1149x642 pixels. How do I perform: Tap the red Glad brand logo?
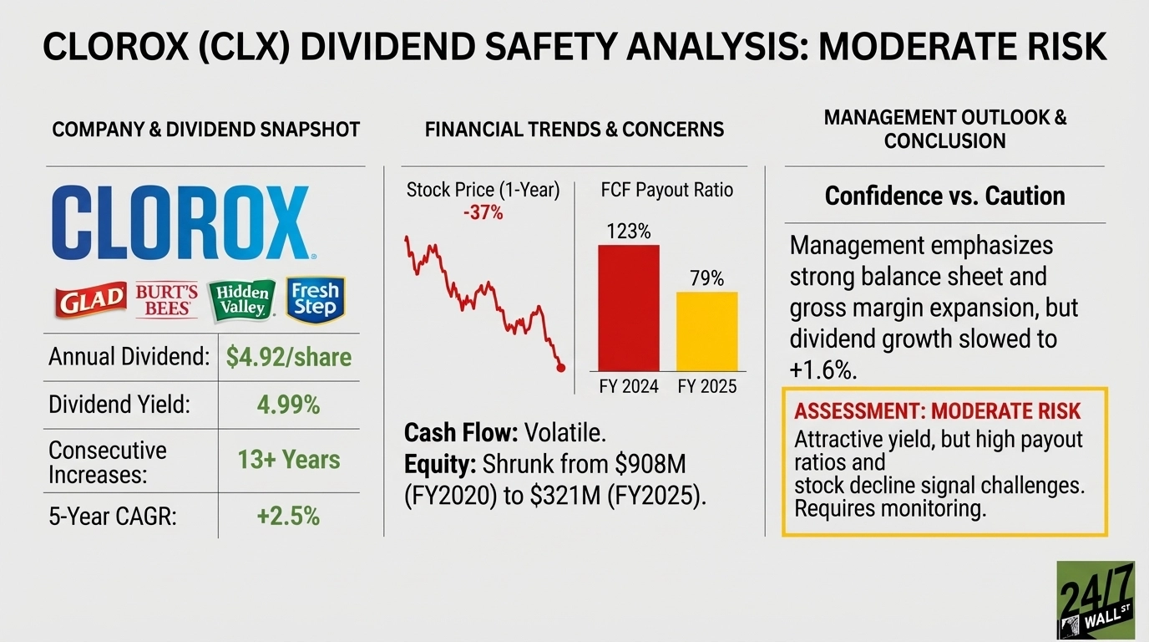[x=89, y=301]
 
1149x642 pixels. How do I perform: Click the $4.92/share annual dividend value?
[x=289, y=358]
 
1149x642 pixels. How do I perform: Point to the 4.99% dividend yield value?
[x=289, y=405]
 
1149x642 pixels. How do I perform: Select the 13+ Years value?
[x=289, y=460]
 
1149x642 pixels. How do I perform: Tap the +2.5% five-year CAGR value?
[x=289, y=516]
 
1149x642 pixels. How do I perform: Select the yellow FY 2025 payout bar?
[x=706, y=331]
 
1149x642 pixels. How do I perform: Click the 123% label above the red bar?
[x=629, y=232]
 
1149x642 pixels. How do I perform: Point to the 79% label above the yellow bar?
[x=706, y=278]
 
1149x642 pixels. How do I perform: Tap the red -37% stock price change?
[x=483, y=213]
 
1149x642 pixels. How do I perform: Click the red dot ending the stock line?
[x=560, y=367]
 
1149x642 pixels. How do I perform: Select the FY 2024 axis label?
[x=629, y=386]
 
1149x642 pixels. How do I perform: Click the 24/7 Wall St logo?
[x=1095, y=599]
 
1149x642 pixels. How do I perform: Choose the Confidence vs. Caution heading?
[x=944, y=196]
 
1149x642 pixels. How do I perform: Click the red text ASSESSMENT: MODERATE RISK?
[x=937, y=411]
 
